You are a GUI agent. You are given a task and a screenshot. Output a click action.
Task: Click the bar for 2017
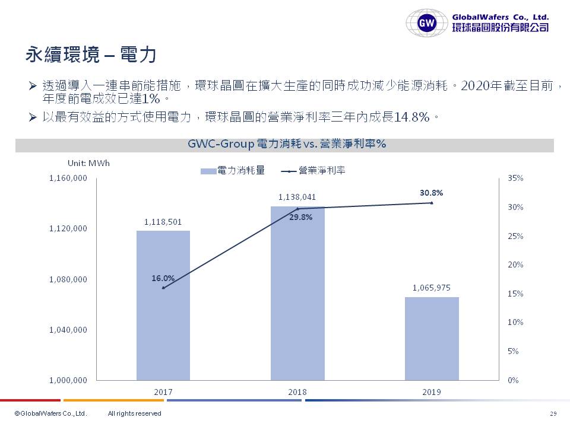(x=163, y=305)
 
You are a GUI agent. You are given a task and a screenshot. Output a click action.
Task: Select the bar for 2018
(x=297, y=293)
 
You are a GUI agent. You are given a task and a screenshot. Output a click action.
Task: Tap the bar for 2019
(x=432, y=338)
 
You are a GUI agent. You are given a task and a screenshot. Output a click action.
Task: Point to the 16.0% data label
(x=163, y=278)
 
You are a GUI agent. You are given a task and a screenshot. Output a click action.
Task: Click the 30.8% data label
(x=432, y=193)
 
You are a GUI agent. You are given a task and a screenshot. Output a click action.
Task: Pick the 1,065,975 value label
(x=432, y=288)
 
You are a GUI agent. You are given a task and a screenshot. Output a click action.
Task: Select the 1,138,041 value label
(x=297, y=197)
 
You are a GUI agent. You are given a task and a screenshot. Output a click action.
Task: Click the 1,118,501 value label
(x=163, y=222)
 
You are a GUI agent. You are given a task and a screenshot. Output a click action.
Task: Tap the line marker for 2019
(x=432, y=203)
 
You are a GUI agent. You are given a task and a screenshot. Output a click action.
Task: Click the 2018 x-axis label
(x=297, y=392)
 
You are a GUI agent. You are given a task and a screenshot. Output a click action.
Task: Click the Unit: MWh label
(x=88, y=163)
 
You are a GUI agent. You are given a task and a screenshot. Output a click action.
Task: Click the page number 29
(x=553, y=413)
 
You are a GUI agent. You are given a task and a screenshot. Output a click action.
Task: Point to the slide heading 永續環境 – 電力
(x=90, y=55)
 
